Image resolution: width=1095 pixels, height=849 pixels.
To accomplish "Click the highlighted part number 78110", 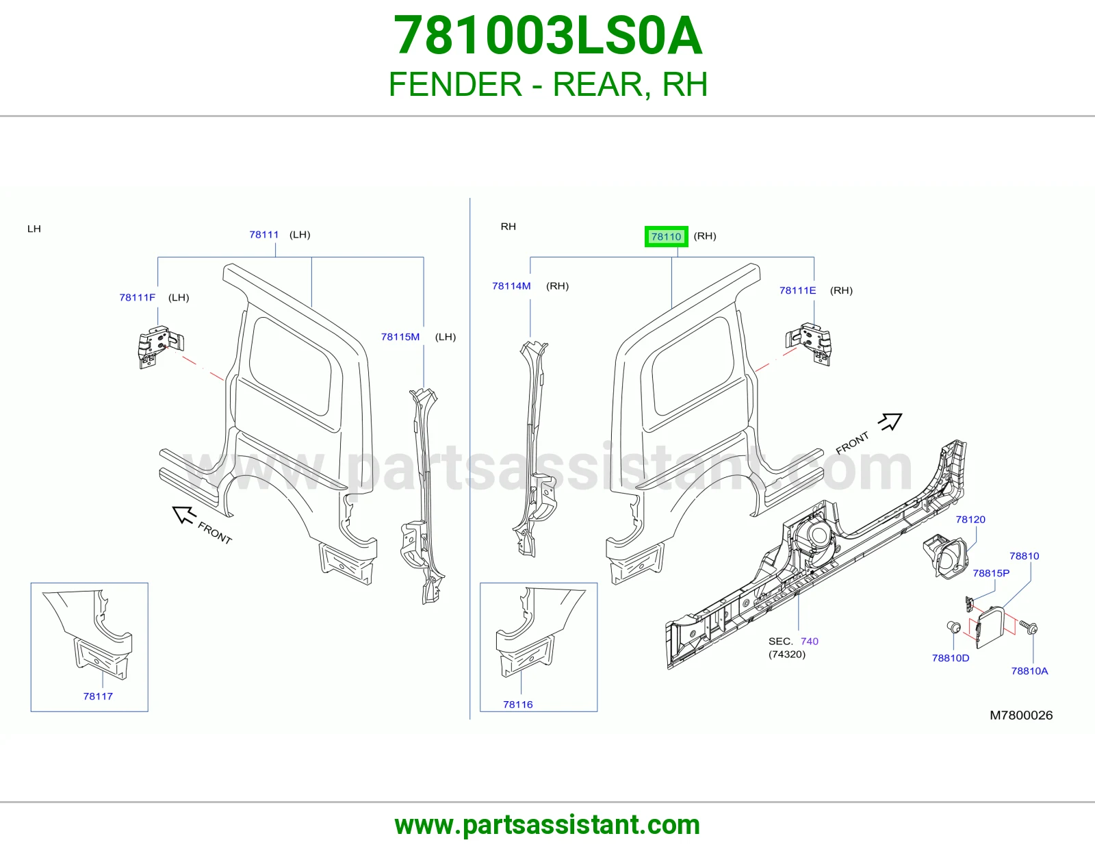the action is pos(666,236).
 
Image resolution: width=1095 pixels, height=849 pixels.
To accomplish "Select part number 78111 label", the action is pos(263,234).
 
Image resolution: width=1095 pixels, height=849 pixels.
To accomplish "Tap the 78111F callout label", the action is pos(137,297).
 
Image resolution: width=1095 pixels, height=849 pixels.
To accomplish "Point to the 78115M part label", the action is pos(400,337).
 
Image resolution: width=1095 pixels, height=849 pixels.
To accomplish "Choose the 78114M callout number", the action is pos(511,286).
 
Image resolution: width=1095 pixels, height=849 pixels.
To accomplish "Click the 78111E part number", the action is pos(797,290).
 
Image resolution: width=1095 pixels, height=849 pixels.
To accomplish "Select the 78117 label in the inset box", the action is pos(98,696).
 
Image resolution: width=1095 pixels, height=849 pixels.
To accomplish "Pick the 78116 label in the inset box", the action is pos(517,705).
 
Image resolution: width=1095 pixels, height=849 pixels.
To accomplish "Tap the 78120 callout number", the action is pos(970,519).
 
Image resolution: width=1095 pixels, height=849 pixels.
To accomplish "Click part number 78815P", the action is pos(991,573).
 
